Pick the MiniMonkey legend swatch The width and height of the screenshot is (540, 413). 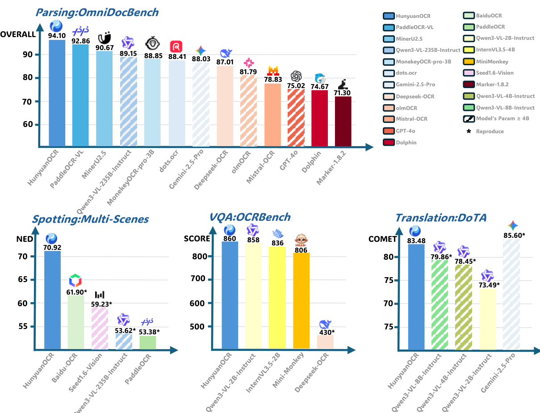tap(469, 61)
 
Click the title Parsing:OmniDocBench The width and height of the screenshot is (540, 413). tap(97, 12)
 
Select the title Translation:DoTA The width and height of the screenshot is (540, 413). tap(440, 218)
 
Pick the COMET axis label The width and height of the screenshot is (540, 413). tap(382, 239)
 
